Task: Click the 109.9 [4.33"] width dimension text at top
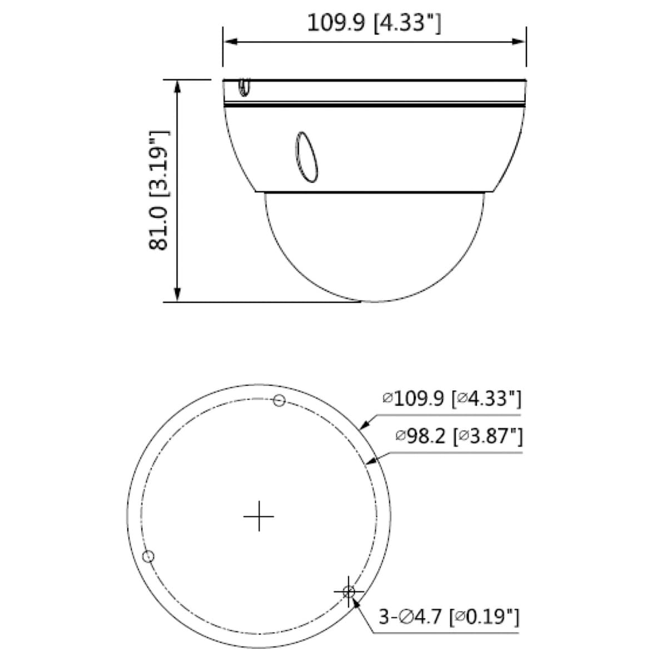(374, 23)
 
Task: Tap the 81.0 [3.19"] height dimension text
(159, 190)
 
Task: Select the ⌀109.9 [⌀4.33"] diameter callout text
(452, 399)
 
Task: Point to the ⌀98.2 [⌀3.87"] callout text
(459, 437)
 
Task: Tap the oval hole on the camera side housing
(306, 157)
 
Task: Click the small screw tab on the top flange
(244, 87)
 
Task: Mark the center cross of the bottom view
(259, 516)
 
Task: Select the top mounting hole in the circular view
(279, 400)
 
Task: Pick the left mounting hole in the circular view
(148, 556)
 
